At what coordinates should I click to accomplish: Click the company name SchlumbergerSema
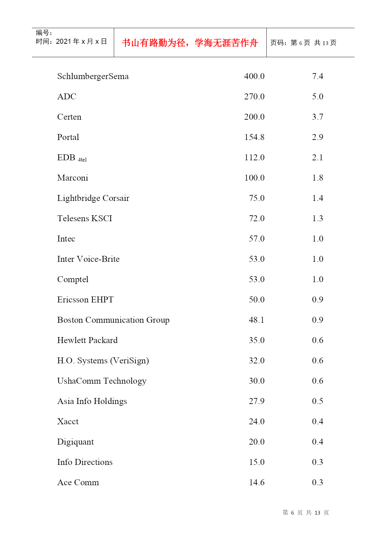[x=93, y=77]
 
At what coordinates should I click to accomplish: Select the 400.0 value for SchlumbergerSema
[x=254, y=77]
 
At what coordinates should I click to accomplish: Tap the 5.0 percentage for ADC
[x=317, y=97]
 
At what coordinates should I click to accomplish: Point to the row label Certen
[x=69, y=117]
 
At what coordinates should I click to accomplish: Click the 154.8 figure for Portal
[x=254, y=137]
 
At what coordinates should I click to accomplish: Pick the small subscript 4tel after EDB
[x=82, y=160]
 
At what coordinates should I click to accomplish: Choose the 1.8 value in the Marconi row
[x=317, y=178]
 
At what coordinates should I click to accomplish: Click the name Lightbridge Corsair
[x=93, y=198]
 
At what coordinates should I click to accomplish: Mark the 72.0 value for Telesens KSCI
[x=257, y=219]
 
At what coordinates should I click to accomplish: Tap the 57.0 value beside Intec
[x=257, y=239]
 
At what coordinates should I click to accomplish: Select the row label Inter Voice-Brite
[x=88, y=259]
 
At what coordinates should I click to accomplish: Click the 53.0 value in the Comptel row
[x=257, y=280]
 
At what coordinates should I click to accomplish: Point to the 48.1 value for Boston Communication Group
[x=257, y=320]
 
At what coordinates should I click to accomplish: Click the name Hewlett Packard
[x=87, y=341]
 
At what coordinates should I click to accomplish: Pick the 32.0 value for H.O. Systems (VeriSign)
[x=257, y=361]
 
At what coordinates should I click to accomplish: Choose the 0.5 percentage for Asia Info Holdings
[x=317, y=401]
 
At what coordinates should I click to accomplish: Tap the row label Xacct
[x=68, y=422]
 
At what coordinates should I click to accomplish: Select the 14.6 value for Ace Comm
[x=257, y=483]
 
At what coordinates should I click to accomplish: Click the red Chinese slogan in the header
[x=190, y=43]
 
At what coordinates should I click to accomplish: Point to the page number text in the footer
[x=305, y=513]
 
